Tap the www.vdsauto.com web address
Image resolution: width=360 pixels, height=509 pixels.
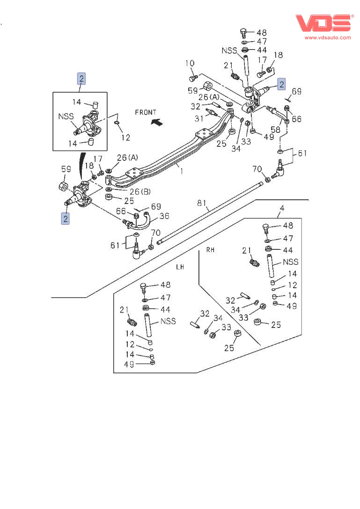pos(328,37)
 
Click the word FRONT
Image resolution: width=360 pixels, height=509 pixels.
pos(145,112)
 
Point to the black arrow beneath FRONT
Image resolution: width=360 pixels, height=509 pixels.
pos(158,123)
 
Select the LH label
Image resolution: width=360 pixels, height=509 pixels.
pos(180,267)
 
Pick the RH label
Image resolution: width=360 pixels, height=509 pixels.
pos(210,250)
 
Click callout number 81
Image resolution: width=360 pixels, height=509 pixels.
pos(202,203)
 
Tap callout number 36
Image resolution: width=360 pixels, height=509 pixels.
pos(164,216)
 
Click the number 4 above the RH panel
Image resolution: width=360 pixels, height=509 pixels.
pos(282,208)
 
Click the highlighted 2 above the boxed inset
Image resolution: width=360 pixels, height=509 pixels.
pos(81,79)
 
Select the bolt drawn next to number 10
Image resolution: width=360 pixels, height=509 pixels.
pos(192,76)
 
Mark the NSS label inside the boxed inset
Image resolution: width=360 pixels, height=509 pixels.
pos(66,116)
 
